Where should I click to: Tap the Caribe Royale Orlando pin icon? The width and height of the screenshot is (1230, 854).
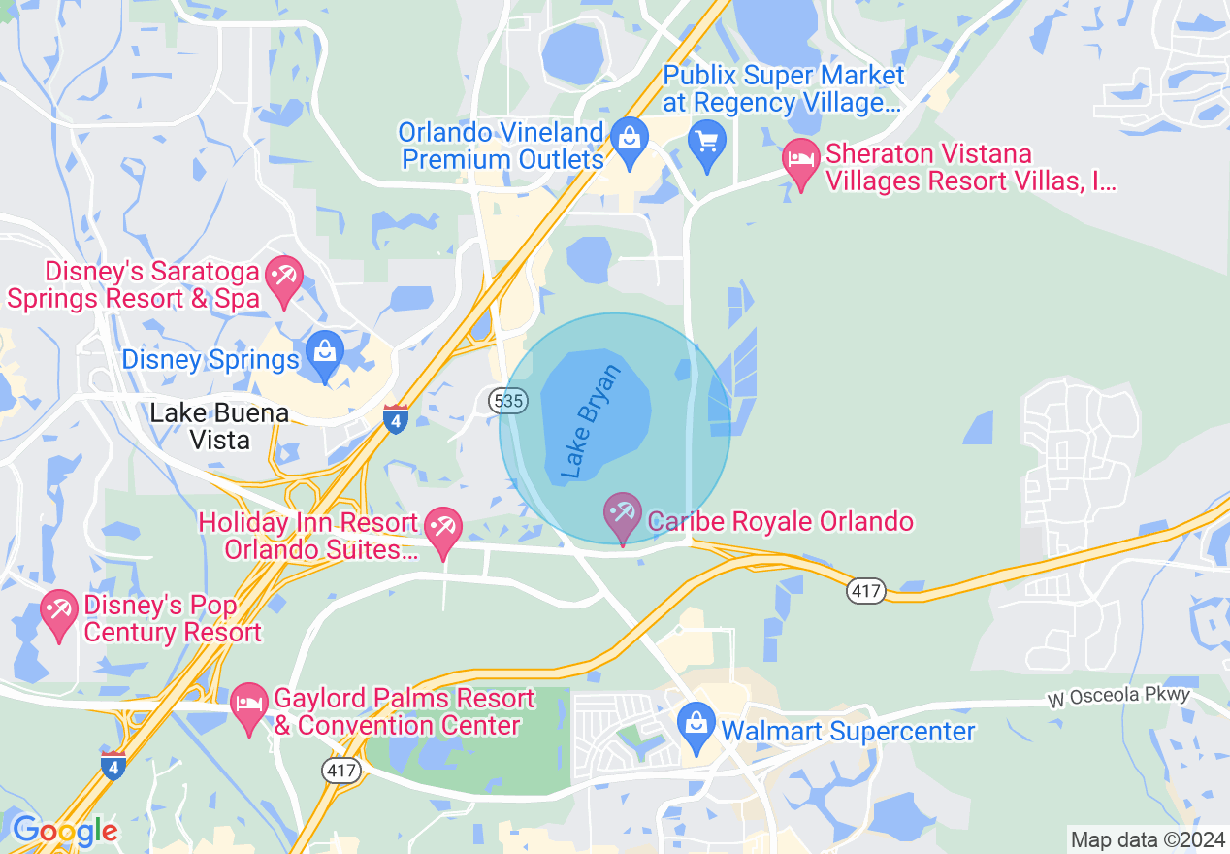(x=622, y=514)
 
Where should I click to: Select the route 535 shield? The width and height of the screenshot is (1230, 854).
(x=507, y=400)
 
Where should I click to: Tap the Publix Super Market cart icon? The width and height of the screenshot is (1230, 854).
(x=707, y=143)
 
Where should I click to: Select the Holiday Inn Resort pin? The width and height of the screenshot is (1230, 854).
(x=444, y=530)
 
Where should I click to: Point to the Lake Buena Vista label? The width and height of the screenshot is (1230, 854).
(x=219, y=426)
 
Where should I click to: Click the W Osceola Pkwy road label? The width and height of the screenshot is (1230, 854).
(x=1118, y=699)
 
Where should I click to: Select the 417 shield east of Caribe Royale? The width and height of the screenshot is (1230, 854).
(x=865, y=589)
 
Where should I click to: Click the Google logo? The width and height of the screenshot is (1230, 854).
(x=65, y=831)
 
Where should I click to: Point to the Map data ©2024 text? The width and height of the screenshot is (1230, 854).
(x=1148, y=839)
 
